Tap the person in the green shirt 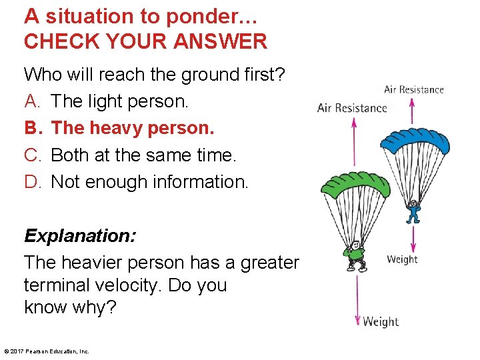click(x=354, y=255)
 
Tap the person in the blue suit click(x=414, y=211)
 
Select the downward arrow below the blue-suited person click(x=414, y=240)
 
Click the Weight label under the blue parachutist click(x=402, y=259)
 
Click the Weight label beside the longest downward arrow click(x=381, y=322)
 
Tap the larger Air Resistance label click(x=352, y=108)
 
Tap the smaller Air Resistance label click(x=413, y=89)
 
